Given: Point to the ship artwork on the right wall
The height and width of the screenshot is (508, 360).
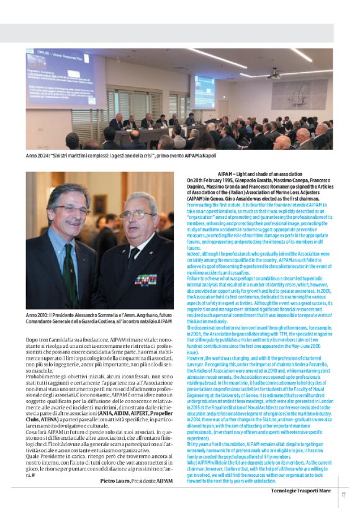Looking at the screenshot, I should coord(299,94).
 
